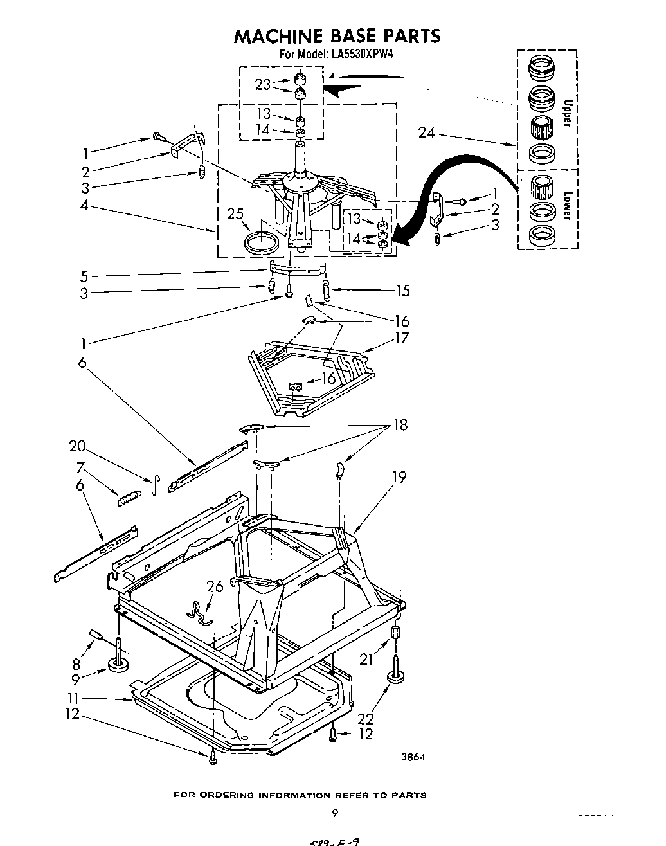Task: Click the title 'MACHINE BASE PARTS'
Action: point(337,36)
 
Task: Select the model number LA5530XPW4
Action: point(363,55)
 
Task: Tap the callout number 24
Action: point(426,132)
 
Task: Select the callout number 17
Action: point(402,337)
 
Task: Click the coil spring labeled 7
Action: point(129,496)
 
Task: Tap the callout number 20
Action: point(76,446)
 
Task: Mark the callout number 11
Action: point(75,699)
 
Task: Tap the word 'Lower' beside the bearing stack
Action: point(568,204)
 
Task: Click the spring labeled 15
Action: point(327,291)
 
